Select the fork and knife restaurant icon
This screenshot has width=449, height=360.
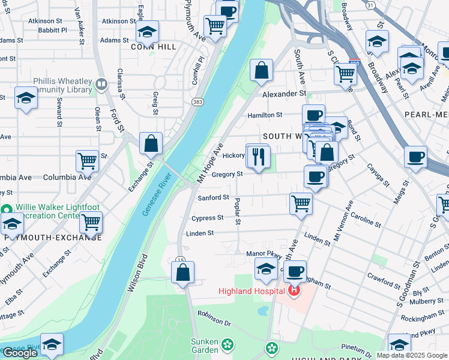tap(259, 157)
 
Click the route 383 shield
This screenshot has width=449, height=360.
tap(197, 103)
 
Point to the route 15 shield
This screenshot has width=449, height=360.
tap(180, 260)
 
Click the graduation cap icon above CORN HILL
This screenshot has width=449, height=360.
tap(146, 31)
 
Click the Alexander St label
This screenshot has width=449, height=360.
tap(284, 94)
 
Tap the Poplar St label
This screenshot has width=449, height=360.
tap(238, 212)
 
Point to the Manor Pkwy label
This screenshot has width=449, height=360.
tap(259, 254)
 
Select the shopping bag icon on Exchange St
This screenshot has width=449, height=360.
tap(151, 144)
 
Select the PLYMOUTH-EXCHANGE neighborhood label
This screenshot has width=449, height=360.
tap(53, 238)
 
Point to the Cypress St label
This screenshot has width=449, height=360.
tap(208, 218)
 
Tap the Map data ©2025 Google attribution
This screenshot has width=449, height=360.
tap(411, 355)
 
